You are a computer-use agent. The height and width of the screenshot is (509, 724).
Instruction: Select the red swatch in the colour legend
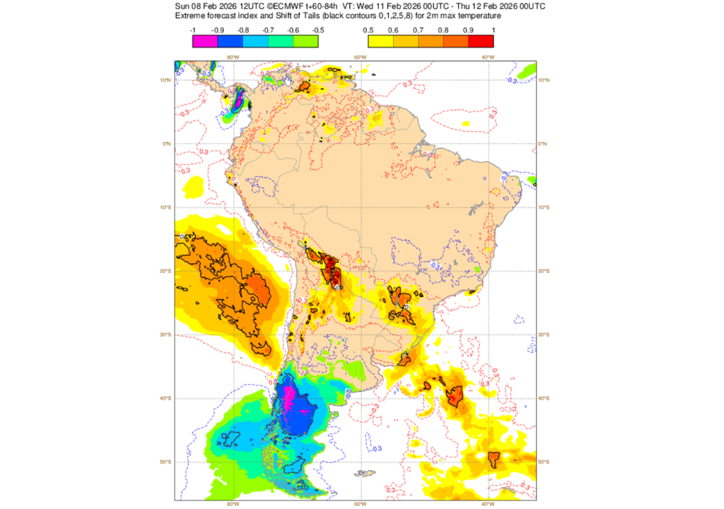point(481,41)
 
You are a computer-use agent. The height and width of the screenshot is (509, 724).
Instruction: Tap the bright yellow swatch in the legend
point(380,41)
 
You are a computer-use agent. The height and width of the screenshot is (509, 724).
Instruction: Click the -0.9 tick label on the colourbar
point(218,30)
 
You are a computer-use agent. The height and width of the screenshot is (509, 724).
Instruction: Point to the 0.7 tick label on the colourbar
point(418,30)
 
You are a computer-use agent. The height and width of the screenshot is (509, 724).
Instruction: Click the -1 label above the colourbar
point(193,30)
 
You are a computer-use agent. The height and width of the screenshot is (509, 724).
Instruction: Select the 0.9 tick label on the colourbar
point(468,30)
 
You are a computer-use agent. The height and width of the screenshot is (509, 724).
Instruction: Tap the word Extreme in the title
point(191,16)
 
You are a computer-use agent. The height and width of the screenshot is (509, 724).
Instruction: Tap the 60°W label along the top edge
point(359,57)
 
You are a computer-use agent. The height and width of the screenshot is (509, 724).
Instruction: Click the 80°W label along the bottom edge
point(231,505)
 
